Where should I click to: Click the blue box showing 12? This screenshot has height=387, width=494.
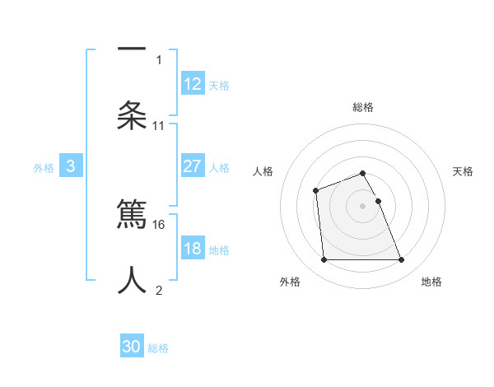(x=193, y=84)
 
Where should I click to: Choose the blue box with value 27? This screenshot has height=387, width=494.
(x=193, y=166)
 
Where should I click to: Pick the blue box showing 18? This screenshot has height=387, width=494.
(x=193, y=249)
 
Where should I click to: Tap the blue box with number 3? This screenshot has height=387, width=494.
(x=71, y=166)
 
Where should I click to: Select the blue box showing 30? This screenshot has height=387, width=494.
(x=132, y=347)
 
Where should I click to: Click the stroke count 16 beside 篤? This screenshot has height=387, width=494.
(x=160, y=224)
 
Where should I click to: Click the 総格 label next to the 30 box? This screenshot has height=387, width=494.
(x=158, y=348)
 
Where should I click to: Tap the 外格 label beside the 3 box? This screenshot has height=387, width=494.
(x=44, y=168)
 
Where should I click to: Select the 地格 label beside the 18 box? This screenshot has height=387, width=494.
(x=219, y=250)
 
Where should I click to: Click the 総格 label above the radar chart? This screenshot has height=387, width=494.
(x=363, y=107)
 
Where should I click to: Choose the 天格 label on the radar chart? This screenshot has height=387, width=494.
(x=464, y=171)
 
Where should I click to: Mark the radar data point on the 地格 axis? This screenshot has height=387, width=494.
(x=401, y=260)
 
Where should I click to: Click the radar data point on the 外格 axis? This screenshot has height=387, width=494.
(x=324, y=260)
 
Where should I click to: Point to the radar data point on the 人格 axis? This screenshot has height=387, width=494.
(x=315, y=191)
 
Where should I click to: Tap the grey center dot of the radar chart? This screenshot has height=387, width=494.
(x=362, y=205)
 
